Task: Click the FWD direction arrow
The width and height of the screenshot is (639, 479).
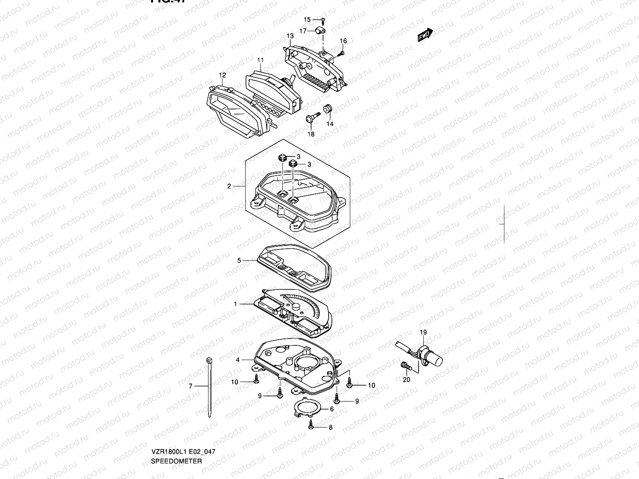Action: click(x=425, y=35)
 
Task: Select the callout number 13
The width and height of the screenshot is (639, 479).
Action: click(x=290, y=36)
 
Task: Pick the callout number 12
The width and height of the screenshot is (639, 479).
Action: click(x=222, y=75)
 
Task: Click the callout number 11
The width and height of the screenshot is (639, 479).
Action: click(x=260, y=60)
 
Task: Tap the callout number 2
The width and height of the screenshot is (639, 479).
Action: click(x=229, y=186)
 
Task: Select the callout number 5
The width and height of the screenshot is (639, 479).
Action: click(x=239, y=260)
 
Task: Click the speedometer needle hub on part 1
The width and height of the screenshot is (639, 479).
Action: click(x=296, y=307)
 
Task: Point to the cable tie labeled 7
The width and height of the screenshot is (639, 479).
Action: click(x=209, y=387)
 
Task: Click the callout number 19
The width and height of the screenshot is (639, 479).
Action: click(x=423, y=332)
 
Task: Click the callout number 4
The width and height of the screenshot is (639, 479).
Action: click(x=238, y=360)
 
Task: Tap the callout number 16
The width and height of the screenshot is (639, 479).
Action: click(x=343, y=41)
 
